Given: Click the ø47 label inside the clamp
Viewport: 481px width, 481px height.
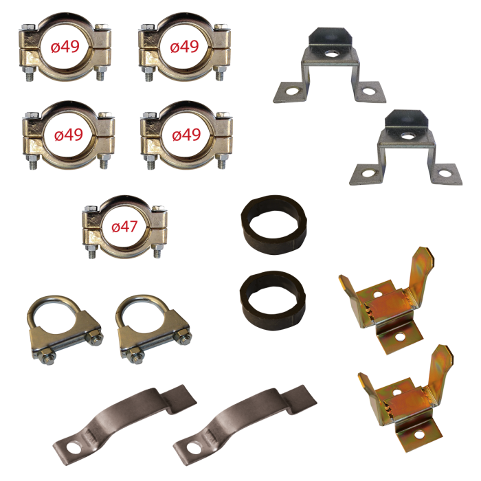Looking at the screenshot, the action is click(124, 227).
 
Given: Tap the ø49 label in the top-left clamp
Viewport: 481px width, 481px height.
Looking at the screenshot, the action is click(65, 47).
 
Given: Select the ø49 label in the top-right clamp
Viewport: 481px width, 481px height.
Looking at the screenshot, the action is click(184, 47).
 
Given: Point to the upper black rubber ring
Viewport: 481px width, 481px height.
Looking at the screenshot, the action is click(274, 225).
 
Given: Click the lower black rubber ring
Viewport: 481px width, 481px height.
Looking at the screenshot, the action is click(273, 300).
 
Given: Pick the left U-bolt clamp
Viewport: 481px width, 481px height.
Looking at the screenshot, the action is click(65, 330).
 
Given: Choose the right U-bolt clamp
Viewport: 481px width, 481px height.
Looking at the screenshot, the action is click(154, 329).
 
